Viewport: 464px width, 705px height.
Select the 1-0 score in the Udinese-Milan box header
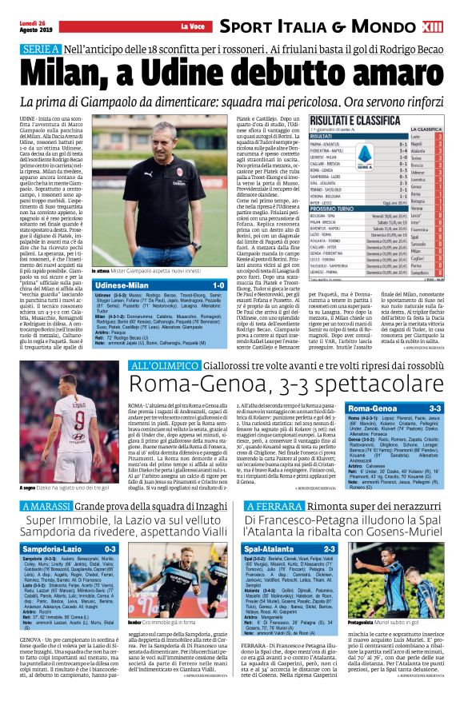coord(218,285)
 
